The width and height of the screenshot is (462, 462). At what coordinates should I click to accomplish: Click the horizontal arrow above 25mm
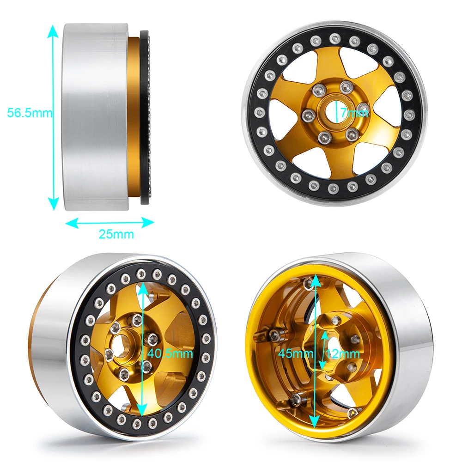pos(110,223)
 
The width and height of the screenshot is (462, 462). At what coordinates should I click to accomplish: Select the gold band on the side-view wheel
pos(135,115)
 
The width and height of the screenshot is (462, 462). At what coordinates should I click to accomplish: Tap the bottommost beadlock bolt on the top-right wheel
pos(334,188)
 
